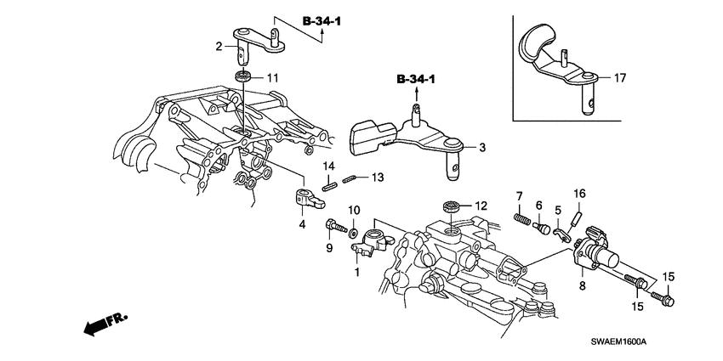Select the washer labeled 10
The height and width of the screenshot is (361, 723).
351,230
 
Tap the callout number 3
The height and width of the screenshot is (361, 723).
481,148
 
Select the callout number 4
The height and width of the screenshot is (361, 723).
302,224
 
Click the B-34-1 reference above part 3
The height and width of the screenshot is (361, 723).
415,80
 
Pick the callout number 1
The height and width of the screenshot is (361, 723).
357,274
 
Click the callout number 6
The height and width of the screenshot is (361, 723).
538,205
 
